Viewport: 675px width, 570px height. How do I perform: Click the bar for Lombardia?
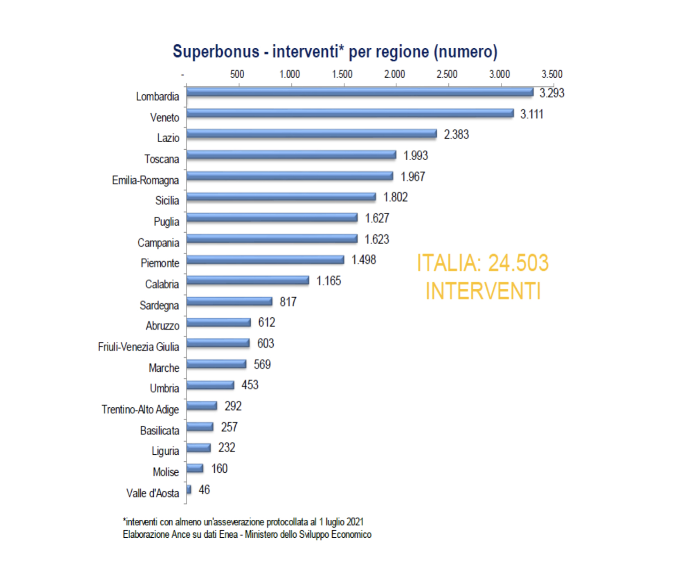[360, 92]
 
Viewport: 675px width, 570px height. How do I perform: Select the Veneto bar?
[350, 113]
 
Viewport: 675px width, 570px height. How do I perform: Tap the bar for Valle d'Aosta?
[189, 489]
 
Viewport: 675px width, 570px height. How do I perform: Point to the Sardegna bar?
[229, 301]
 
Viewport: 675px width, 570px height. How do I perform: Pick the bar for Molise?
[195, 468]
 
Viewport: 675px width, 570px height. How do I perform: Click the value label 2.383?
[456, 135]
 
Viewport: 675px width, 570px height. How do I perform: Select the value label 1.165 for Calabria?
[328, 281]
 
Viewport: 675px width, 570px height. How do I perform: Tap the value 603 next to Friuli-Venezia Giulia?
[265, 343]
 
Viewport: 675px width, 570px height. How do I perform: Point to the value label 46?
[204, 490]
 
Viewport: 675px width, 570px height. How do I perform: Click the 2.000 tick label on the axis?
[394, 74]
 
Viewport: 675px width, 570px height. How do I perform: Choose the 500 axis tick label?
[237, 74]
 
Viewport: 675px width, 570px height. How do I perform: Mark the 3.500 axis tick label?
[552, 74]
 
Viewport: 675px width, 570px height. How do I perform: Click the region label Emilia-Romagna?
[145, 180]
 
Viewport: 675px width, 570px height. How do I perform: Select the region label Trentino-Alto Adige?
[140, 409]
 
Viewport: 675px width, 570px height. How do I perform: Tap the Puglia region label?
[166, 222]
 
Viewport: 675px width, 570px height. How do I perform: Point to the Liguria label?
[165, 451]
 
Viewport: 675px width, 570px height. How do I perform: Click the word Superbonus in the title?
[216, 52]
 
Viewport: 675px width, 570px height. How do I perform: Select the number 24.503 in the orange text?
[518, 263]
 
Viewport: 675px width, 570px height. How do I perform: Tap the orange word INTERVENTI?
[483, 291]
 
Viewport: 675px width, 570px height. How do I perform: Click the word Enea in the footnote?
[228, 535]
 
